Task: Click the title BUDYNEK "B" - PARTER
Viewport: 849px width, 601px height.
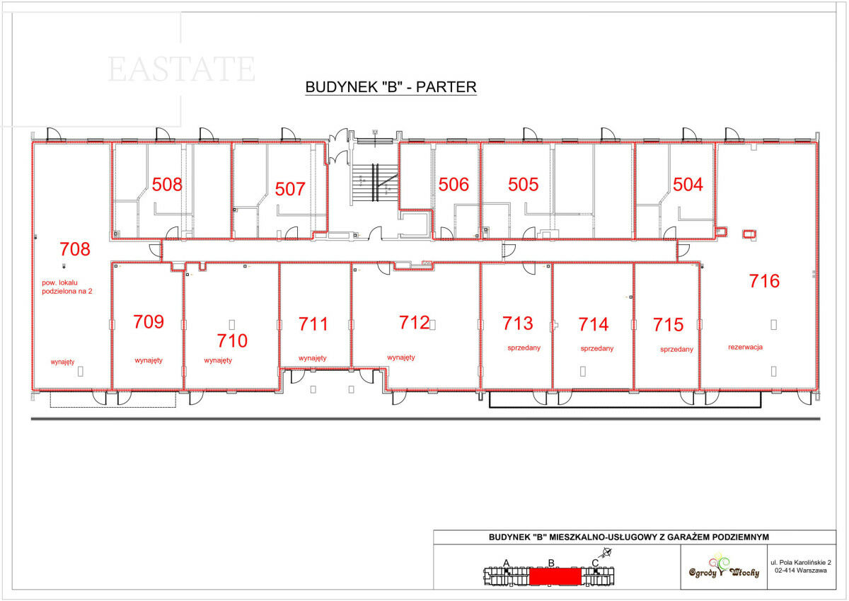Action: [391, 87]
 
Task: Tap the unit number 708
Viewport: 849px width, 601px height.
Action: [75, 249]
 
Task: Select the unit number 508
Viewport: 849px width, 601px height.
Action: [167, 184]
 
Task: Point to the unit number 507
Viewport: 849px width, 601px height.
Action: [290, 189]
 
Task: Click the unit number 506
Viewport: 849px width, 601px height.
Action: [454, 184]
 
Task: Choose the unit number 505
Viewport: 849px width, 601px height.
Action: [523, 184]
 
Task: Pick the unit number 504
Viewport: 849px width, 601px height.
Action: [688, 184]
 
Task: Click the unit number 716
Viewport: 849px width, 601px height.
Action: [764, 281]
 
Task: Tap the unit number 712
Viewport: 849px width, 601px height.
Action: [415, 322]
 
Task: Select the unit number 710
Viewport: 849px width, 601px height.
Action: [232, 340]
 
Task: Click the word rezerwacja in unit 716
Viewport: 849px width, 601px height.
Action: [745, 347]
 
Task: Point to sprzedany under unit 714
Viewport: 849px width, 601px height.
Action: [597, 348]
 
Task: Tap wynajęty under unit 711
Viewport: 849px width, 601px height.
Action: [312, 358]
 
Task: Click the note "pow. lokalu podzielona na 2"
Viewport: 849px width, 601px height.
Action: [67, 287]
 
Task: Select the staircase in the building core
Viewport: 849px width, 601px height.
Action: [375, 183]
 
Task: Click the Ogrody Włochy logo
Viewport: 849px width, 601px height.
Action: [724, 567]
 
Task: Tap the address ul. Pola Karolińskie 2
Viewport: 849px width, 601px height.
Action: [801, 562]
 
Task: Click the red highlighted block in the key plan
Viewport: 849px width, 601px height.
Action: [555, 576]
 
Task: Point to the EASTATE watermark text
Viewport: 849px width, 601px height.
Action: [182, 69]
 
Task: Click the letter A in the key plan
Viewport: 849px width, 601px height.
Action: [507, 563]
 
